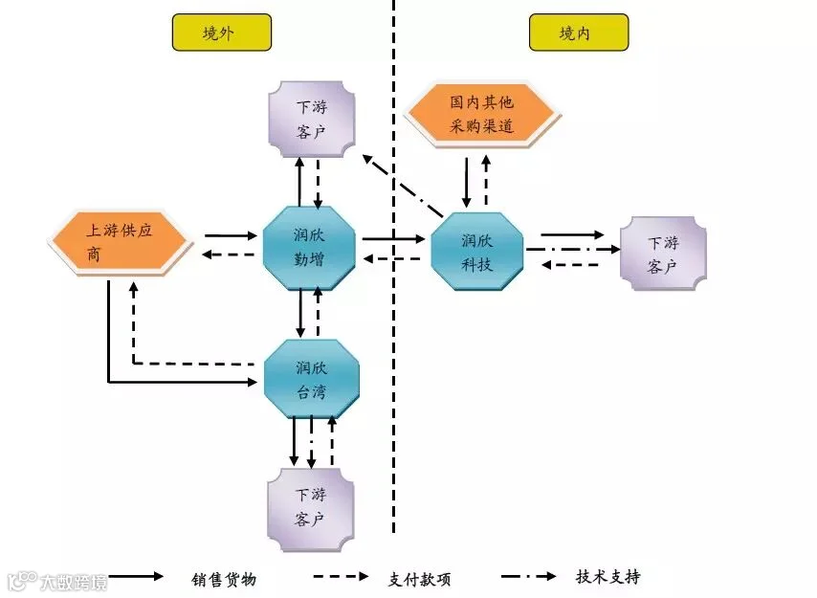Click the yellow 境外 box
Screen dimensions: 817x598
tap(221, 33)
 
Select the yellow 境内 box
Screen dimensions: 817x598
tap(579, 33)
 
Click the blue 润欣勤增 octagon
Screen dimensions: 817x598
tap(310, 248)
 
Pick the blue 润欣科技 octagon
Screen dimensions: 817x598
tap(477, 251)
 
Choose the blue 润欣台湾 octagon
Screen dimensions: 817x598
tap(312, 379)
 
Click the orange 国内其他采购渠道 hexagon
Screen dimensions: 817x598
tap(482, 115)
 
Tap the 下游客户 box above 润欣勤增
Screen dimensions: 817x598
tap(312, 120)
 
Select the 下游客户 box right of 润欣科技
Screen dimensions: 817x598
tap(663, 254)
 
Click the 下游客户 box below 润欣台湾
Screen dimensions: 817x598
tap(311, 509)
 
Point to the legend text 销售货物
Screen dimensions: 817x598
tap(224, 579)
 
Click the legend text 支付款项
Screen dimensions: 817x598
tap(419, 579)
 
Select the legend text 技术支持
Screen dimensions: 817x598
tap(608, 577)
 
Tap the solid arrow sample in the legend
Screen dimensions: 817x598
tap(136, 576)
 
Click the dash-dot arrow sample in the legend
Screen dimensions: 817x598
tap(529, 576)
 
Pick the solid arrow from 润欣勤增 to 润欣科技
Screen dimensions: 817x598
tap(394, 239)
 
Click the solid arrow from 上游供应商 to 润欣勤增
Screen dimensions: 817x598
tap(231, 235)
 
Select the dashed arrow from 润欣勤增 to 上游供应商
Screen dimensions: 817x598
tap(228, 255)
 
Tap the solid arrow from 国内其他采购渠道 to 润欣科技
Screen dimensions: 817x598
tap(466, 183)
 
